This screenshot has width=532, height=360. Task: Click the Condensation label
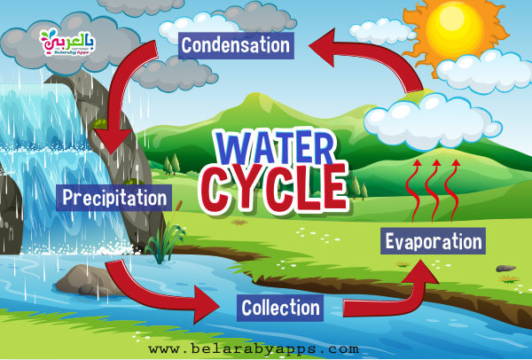pos(236,45)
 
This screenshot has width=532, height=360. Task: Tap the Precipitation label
pos(114,198)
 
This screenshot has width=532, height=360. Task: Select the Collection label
pos(280,308)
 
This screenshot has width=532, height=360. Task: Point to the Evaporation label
pos(433,241)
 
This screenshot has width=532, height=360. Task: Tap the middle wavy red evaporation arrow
pos(433,190)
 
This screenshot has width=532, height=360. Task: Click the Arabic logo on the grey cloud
pos(67,42)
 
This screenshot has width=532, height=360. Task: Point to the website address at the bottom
pos(254,348)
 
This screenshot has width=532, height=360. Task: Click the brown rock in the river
pos(88,281)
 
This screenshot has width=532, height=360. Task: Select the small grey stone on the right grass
pos(506,269)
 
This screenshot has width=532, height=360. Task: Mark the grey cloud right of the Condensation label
pos(258,17)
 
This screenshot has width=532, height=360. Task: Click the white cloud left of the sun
pos(381,32)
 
